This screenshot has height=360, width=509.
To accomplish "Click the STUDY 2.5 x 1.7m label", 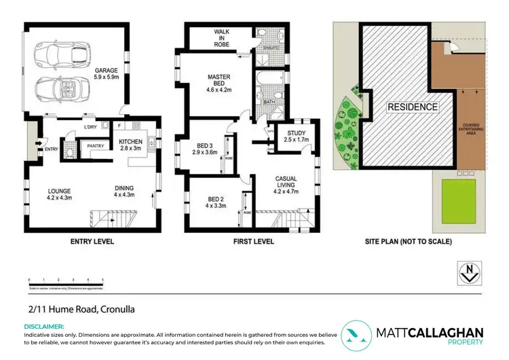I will tap(297, 139).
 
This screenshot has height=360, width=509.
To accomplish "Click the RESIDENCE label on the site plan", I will tap(413, 107).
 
